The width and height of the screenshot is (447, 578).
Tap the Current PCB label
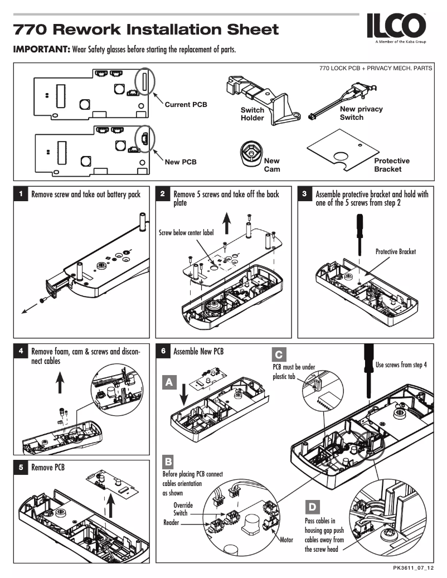pyautogui.click(x=186, y=105)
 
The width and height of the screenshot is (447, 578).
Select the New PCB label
pyautogui.click(x=181, y=162)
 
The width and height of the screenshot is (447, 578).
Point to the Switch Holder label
pyautogui.click(x=252, y=114)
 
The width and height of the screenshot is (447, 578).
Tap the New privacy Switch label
pyautogui.click(x=361, y=113)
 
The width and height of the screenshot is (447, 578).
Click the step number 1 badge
pyautogui.click(x=20, y=194)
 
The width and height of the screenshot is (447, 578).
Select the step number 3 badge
pyautogui.click(x=304, y=194)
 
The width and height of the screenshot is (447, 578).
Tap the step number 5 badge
pyautogui.click(x=20, y=468)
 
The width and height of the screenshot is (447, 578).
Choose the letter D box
pyautogui.click(x=313, y=507)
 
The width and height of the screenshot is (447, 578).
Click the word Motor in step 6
pyautogui.click(x=286, y=540)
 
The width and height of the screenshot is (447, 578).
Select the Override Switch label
pyautogui.click(x=180, y=508)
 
